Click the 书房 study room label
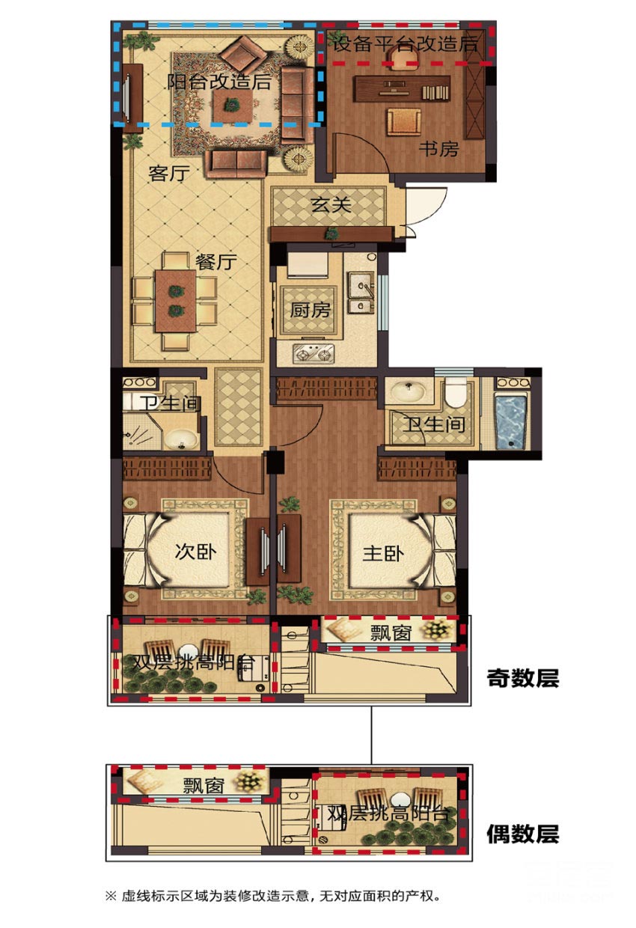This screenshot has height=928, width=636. click(x=438, y=149)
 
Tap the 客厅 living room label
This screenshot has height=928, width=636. click(x=169, y=173)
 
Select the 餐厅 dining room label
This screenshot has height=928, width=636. click(x=216, y=262)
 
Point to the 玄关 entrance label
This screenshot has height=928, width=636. click(x=331, y=204)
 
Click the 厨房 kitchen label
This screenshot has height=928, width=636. click(x=310, y=310)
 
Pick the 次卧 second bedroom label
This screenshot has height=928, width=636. click(x=195, y=552)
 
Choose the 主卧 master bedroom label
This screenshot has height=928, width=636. click(x=383, y=554)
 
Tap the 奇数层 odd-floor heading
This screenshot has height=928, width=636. click(x=522, y=678)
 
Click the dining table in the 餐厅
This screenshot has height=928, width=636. click(x=176, y=301)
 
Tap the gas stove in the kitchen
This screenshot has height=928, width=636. click(x=314, y=354)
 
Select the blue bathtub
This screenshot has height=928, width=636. click(x=511, y=422)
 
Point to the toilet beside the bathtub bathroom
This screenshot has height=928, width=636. click(x=455, y=392)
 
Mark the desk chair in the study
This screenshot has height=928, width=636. click(x=403, y=121)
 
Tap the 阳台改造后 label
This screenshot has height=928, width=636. click(x=219, y=82)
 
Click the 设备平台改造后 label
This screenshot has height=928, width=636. click(x=406, y=43)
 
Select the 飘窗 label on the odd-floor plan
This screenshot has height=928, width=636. click(x=391, y=633)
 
